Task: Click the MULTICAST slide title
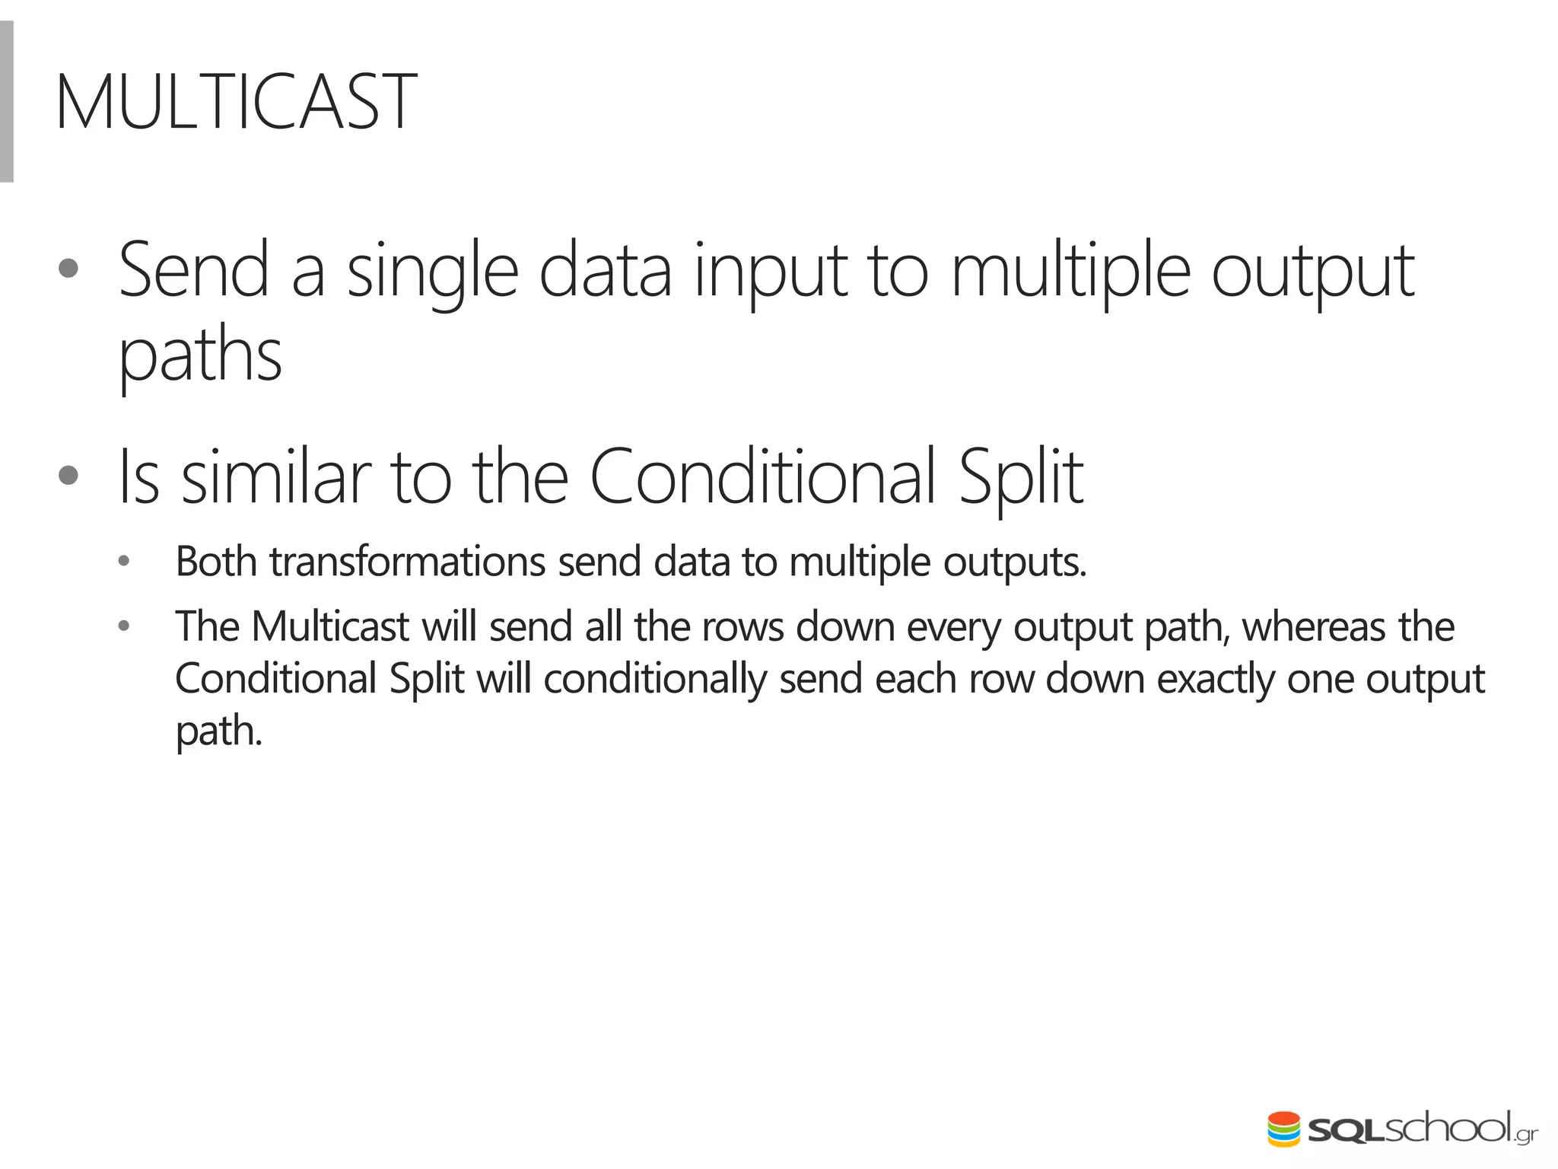pos(236,102)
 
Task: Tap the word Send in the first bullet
pos(194,269)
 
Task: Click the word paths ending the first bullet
pos(200,356)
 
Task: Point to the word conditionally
pos(655,679)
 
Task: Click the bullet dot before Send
pos(68,269)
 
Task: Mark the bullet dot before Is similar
pos(68,476)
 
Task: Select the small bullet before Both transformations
pos(124,562)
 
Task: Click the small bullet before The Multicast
pos(124,627)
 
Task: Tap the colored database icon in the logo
pos(1283,1129)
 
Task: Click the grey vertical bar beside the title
pos(7,102)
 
